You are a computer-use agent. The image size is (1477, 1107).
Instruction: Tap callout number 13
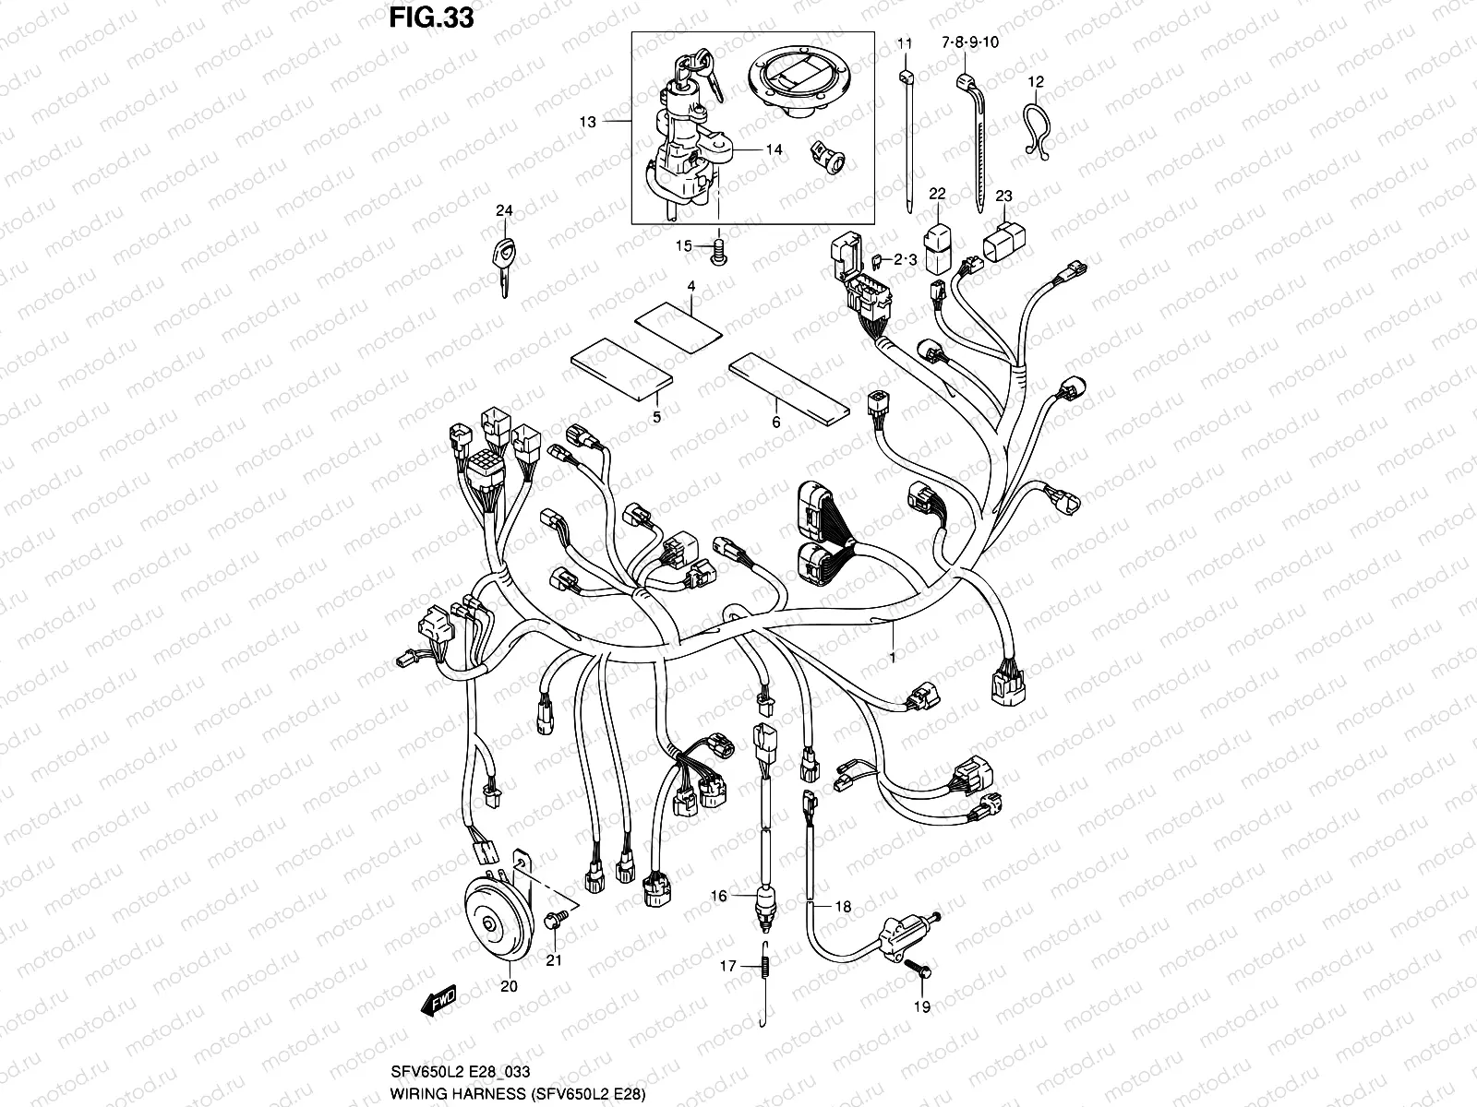pyautogui.click(x=588, y=121)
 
